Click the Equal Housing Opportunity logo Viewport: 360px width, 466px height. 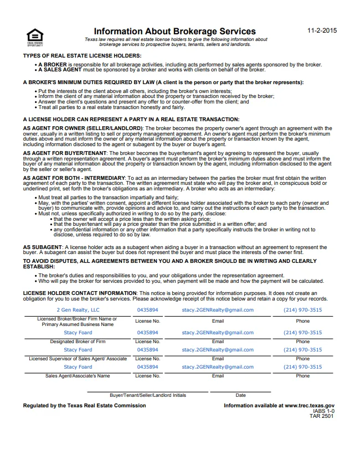click(x=35, y=37)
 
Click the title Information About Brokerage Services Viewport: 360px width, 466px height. click(x=174, y=32)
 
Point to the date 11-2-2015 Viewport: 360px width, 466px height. click(x=322, y=30)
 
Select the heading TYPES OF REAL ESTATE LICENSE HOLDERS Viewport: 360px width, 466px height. click(x=82, y=56)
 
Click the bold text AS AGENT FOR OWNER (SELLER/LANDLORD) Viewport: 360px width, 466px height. click(x=83, y=128)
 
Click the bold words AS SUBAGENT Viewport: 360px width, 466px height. click(x=43, y=246)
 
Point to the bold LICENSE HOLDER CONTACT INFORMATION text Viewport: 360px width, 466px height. click(x=79, y=292)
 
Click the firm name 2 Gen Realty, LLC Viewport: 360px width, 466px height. click(x=78, y=310)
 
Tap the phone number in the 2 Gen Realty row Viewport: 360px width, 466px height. click(x=302, y=310)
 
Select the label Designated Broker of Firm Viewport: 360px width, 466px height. click(x=78, y=341)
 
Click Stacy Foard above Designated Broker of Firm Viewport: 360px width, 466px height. click(x=78, y=333)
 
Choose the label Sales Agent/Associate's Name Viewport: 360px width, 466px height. click(x=78, y=376)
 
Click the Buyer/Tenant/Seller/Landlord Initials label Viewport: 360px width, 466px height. click(x=148, y=395)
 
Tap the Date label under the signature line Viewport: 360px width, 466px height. click(x=240, y=395)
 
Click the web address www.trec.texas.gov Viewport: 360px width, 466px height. click(x=310, y=406)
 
